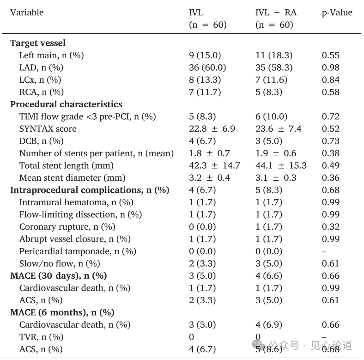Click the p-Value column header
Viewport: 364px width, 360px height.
tap(337, 13)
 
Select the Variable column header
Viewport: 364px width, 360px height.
tap(27, 12)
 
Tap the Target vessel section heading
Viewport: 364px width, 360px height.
tap(38, 43)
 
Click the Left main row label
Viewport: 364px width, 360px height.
tap(51, 55)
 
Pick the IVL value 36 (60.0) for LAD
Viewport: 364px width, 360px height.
tap(207, 67)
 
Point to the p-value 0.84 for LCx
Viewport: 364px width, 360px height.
tap(331, 80)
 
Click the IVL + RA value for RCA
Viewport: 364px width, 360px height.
tap(269, 92)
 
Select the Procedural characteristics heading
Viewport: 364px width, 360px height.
tap(66, 104)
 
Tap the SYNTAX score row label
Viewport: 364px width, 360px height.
tap(48, 128)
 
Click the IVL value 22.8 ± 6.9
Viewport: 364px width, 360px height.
tap(212, 128)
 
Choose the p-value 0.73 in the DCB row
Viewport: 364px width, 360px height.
tap(331, 141)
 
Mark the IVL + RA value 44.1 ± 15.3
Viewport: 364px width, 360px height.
tap(281, 165)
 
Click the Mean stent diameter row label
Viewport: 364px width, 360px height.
tap(72, 178)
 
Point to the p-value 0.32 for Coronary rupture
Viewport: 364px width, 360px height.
tap(331, 227)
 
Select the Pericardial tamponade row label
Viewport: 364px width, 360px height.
tap(78, 251)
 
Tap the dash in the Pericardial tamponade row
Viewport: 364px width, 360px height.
tap(324, 251)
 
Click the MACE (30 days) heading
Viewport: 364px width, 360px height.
tap(59, 276)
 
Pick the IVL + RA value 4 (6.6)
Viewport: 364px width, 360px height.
tap(269, 276)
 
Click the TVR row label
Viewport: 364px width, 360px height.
tap(41, 337)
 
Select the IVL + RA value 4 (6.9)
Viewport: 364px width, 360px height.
tap(269, 325)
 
